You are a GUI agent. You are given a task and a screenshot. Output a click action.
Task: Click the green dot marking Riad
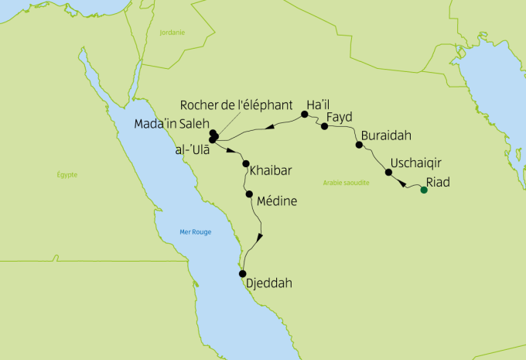(x=423, y=190)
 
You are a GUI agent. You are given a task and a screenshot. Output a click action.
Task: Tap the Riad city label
(x=439, y=183)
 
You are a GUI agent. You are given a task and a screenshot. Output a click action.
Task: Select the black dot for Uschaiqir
(x=389, y=173)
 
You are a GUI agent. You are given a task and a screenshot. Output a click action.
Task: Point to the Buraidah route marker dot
(x=358, y=145)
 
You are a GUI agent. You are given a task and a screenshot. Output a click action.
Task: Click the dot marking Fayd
(x=324, y=125)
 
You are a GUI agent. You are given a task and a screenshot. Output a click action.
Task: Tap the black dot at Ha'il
(x=305, y=115)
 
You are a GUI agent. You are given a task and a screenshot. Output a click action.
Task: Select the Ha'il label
(x=320, y=104)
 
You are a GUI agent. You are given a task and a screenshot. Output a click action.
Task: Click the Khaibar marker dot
(x=246, y=164)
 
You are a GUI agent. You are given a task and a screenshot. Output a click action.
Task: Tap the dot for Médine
(x=249, y=194)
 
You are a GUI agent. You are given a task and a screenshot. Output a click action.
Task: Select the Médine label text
(x=276, y=201)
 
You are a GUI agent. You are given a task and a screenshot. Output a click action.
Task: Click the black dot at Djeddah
(x=242, y=273)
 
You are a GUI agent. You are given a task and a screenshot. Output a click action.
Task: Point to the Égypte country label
(x=67, y=175)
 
